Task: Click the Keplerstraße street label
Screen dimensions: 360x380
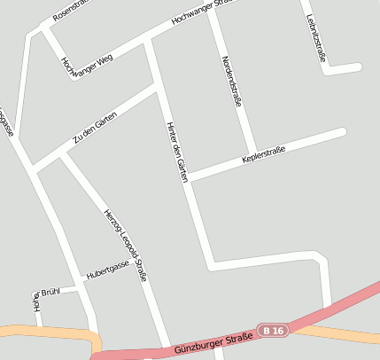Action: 263,160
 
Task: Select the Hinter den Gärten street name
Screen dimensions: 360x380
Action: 177,152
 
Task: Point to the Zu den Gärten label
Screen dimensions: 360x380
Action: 96,127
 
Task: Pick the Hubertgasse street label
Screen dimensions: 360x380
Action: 108,269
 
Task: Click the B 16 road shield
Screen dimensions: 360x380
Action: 274,331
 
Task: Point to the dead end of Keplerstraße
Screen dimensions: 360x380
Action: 342,131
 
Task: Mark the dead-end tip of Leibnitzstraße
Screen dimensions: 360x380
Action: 359,67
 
